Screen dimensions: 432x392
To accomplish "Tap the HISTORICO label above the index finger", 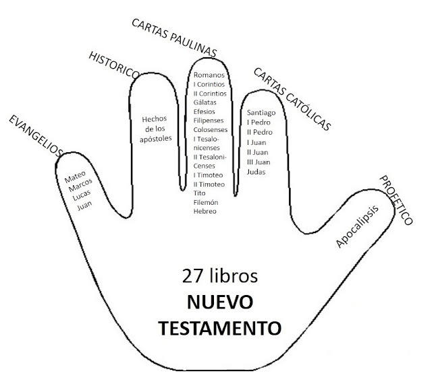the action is (x=114, y=64).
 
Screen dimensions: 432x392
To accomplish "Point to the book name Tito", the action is (x=200, y=193).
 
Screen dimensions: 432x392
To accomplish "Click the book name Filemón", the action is (x=207, y=202).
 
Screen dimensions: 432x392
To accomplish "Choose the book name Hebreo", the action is (x=205, y=211).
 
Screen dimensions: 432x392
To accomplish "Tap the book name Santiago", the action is (x=261, y=112).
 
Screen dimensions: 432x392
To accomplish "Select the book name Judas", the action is (x=256, y=172).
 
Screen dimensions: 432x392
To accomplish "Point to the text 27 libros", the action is (x=219, y=277).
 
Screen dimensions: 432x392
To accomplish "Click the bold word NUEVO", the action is (x=219, y=302).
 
